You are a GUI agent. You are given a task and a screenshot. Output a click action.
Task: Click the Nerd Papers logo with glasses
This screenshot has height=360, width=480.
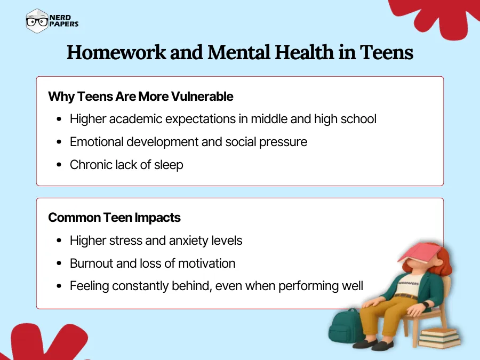click(52, 21)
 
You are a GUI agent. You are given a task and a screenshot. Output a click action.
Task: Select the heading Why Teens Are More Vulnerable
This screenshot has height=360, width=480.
click(141, 97)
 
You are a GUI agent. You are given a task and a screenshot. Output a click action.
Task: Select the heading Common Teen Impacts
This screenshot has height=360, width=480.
click(114, 218)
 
